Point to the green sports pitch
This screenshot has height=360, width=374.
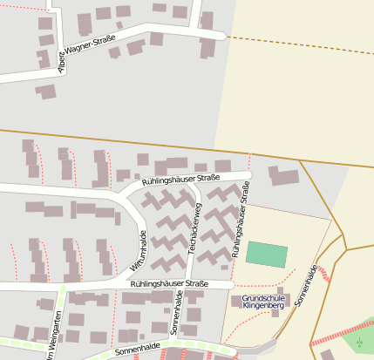[x=266, y=255]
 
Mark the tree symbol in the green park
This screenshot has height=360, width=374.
[x=359, y=342]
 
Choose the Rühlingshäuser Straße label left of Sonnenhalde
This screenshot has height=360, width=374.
[x=170, y=284]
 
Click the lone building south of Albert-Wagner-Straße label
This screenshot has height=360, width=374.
[x=45, y=91]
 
